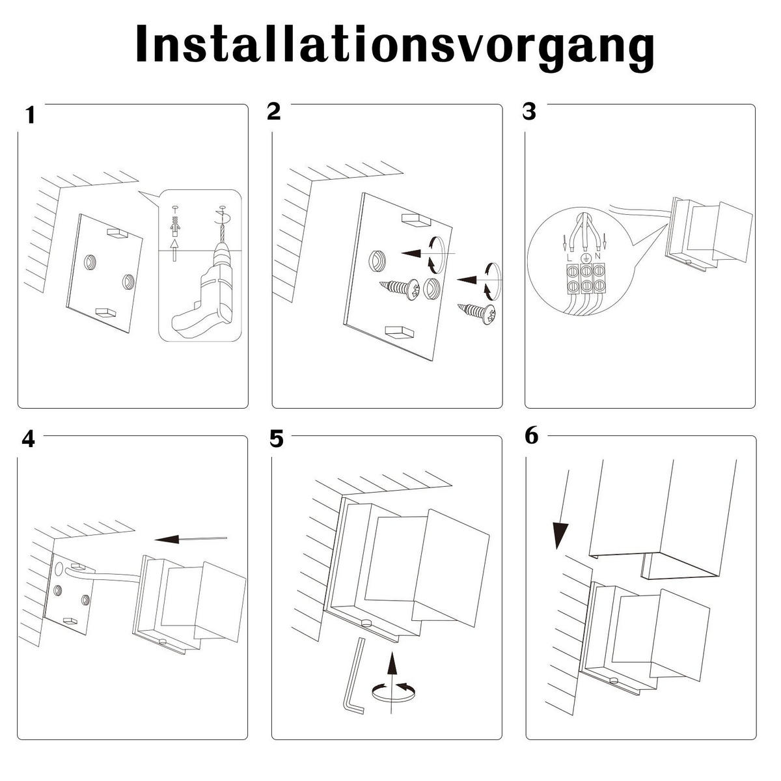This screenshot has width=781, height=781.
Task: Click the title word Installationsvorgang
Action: tap(394, 44)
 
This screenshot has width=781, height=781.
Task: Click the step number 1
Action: tap(29, 116)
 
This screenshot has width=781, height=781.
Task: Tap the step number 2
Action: tap(273, 111)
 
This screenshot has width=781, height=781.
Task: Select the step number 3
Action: tap(529, 111)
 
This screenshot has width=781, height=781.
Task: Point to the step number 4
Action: tap(28, 440)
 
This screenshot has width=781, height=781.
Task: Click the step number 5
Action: tap(277, 439)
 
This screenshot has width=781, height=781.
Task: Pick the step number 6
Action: tap(531, 436)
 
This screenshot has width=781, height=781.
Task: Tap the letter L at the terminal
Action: tap(570, 258)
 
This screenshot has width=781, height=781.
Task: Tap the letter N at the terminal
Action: tap(597, 258)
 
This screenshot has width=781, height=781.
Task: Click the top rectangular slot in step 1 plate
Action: tap(118, 232)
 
